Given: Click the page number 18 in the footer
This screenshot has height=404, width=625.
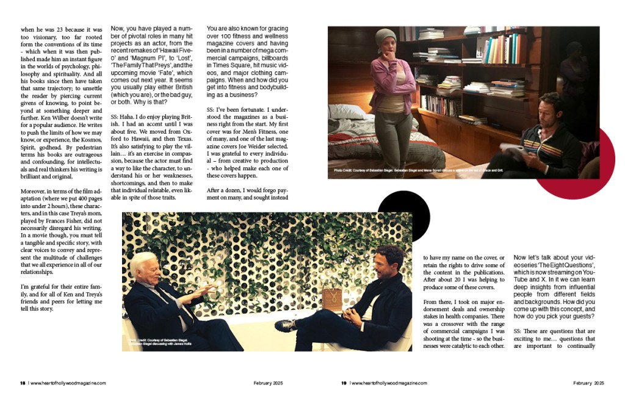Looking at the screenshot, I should click(x=23, y=383).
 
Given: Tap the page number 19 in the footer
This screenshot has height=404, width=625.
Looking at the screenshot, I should click(x=344, y=383).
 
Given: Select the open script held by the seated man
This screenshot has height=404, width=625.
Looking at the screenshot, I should click(x=511, y=149).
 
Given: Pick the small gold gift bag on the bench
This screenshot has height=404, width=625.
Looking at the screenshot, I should click(x=333, y=300).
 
